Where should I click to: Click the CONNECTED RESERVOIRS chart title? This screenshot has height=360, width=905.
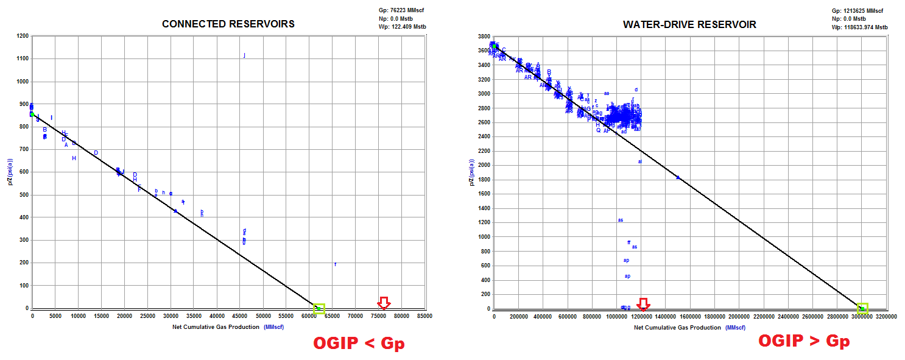(x=228, y=24)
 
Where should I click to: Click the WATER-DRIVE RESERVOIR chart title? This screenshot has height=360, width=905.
(x=689, y=24)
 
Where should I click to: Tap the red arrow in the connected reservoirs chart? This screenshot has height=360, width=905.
(x=383, y=303)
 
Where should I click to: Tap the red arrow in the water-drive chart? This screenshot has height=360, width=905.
(x=643, y=303)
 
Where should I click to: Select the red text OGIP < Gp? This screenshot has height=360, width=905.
(x=358, y=344)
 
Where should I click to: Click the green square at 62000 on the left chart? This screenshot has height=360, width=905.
(x=319, y=308)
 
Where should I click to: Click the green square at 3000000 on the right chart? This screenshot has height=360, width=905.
(x=862, y=308)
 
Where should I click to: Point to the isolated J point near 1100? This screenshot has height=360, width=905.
(x=244, y=55)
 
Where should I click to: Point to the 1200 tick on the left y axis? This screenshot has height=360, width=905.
(x=22, y=36)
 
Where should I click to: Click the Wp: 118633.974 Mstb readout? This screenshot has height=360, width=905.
(x=859, y=27)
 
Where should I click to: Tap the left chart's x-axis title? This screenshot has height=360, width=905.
(x=228, y=327)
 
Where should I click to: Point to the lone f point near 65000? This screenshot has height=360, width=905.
(x=336, y=264)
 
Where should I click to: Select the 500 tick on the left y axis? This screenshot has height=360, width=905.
(x=24, y=195)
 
